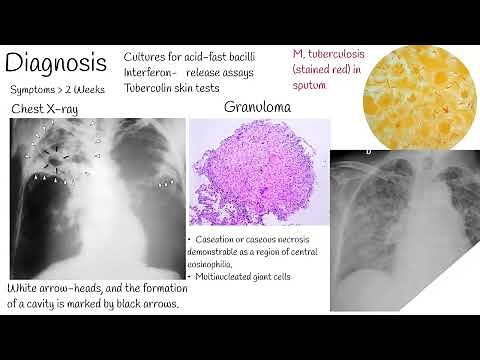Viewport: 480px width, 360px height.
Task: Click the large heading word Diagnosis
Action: tap(56, 63)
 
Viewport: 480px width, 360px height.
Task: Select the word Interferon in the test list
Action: tap(151, 73)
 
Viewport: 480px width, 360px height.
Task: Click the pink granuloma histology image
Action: tap(259, 176)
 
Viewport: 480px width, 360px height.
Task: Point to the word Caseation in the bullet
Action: tap(221, 243)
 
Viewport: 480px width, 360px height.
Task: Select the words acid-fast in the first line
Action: tap(221, 57)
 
